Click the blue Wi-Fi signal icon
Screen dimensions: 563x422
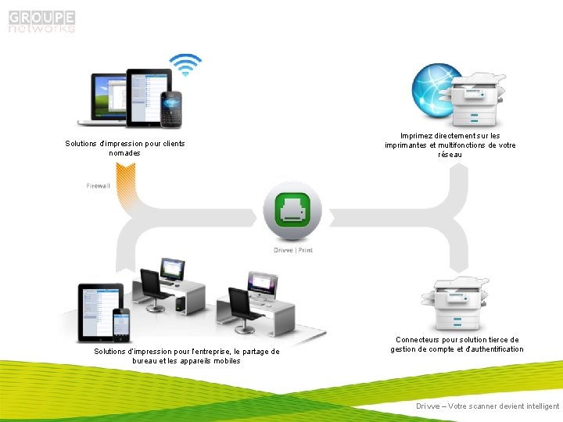click(186, 65)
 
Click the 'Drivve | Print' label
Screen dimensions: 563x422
click(293, 250)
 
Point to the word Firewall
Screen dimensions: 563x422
click(99, 186)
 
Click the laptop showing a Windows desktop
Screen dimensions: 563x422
click(109, 98)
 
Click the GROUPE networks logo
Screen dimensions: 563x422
click(42, 21)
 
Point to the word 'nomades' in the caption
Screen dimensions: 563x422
click(125, 153)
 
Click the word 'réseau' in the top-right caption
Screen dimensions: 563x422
click(450, 155)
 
